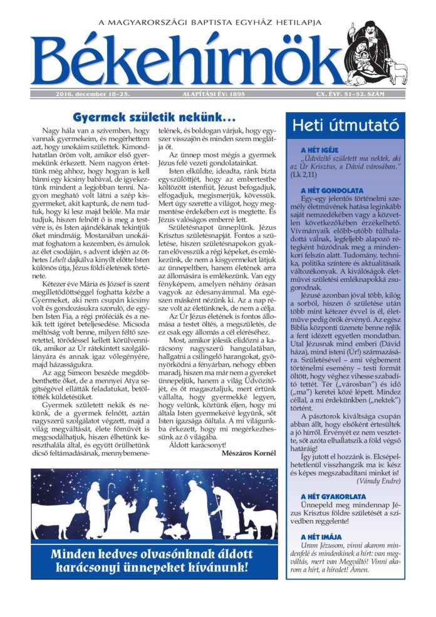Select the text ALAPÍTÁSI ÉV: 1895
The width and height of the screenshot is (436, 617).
tap(210, 94)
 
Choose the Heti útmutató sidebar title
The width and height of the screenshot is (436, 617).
tap(345, 125)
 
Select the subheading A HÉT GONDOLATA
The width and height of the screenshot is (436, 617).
tap(327, 190)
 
